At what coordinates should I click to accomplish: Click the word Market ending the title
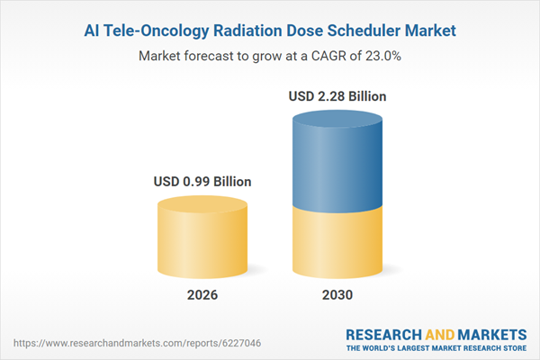click(x=427, y=31)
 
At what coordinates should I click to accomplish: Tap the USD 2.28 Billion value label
click(x=338, y=95)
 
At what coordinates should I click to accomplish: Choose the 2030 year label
click(x=338, y=295)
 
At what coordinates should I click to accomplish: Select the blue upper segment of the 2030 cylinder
click(x=338, y=162)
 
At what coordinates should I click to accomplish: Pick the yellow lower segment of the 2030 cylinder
click(x=338, y=243)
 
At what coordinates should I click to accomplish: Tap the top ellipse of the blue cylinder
click(x=338, y=118)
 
